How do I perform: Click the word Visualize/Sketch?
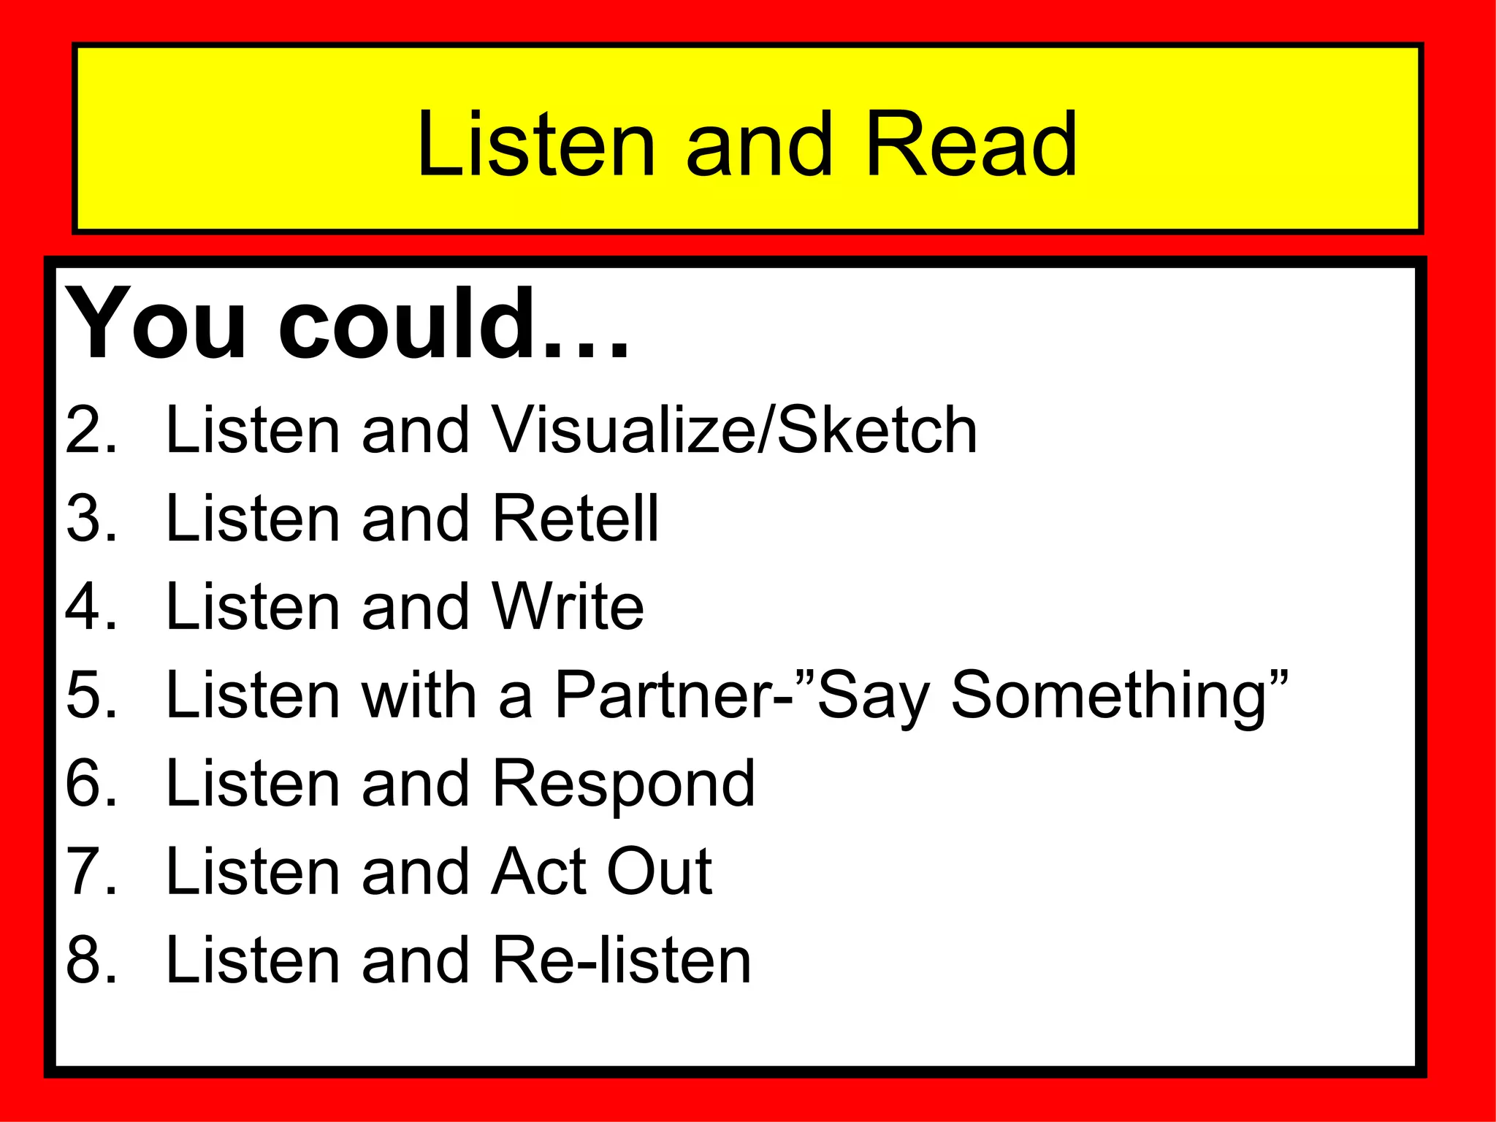click(x=735, y=430)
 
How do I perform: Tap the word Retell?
click(x=576, y=519)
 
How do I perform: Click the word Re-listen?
click(x=622, y=960)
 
